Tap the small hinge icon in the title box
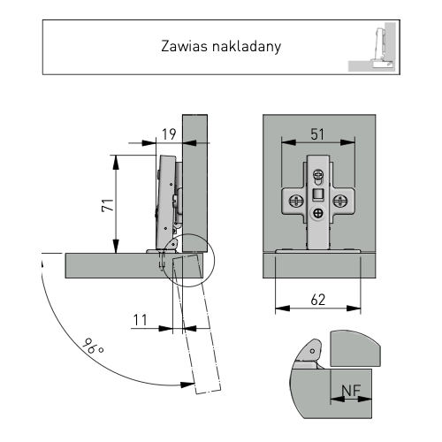pyautogui.click(x=377, y=49)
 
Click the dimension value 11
pyautogui.click(x=141, y=318)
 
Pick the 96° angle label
pyautogui.click(x=92, y=347)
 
